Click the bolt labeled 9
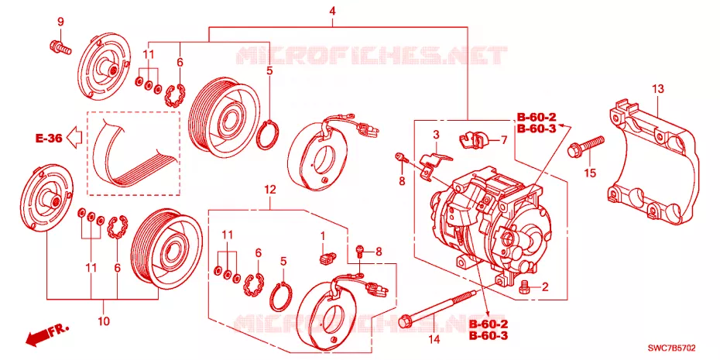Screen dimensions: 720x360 pyautogui.click(x=60, y=46)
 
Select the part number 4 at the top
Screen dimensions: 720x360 pyautogui.click(x=332, y=12)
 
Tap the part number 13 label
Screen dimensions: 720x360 pyautogui.click(x=659, y=89)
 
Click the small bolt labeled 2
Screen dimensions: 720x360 pyautogui.click(x=523, y=288)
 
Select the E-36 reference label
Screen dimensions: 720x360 pyautogui.click(x=49, y=139)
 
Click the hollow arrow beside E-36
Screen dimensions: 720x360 pyautogui.click(x=74, y=137)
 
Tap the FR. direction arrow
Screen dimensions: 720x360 pyautogui.click(x=46, y=334)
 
